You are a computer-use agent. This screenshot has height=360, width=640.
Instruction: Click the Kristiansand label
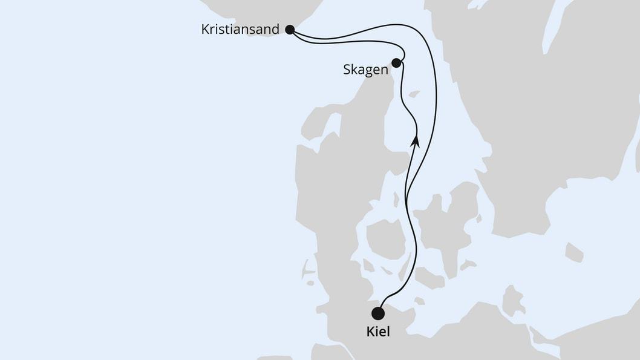[240, 29]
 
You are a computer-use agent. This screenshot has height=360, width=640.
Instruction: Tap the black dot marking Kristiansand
[289, 29]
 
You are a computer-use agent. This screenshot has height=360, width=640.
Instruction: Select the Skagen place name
[365, 70]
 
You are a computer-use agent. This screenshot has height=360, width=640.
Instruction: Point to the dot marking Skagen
[396, 62]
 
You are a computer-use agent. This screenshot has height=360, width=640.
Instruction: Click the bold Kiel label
[378, 332]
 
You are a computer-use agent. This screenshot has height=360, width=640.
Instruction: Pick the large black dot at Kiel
[378, 313]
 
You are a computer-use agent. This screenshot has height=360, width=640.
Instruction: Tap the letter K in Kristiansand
[205, 29]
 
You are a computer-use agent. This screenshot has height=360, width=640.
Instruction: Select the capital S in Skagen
[347, 70]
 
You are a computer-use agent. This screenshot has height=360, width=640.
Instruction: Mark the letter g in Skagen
[368, 71]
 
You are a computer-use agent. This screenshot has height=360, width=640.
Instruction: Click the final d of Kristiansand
[276, 29]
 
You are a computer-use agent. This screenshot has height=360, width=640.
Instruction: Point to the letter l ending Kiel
[389, 332]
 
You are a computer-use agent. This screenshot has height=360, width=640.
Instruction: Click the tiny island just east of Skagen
[414, 94]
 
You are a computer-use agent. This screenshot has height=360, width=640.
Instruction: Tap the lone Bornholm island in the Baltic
[573, 252]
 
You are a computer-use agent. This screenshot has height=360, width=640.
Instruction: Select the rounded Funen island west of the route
[385, 238]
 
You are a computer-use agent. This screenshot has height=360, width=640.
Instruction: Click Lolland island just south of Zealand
[429, 278]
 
